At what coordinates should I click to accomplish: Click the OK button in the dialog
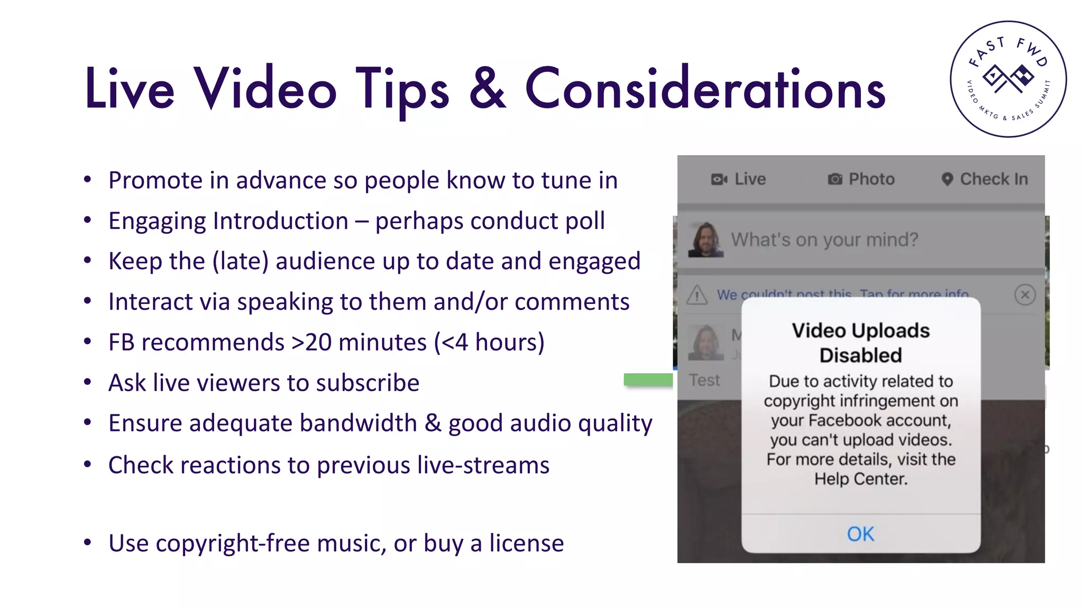[x=860, y=534]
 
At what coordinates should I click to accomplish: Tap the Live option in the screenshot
[x=739, y=179]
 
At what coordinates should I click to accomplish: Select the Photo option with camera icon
[x=861, y=179]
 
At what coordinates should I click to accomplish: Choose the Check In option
[x=985, y=179]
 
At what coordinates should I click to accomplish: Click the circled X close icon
[x=1025, y=294]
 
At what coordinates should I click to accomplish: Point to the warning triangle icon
[x=697, y=295]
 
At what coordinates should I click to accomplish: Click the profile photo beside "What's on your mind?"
[x=706, y=239]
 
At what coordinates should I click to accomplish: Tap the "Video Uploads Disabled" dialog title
[x=860, y=343]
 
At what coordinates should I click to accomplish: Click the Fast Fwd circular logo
[x=1008, y=79]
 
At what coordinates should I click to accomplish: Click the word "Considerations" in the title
[x=705, y=89]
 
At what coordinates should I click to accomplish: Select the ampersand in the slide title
[x=487, y=89]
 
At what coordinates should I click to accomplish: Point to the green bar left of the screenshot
[x=648, y=380]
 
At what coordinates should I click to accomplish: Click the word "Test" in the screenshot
[x=704, y=380]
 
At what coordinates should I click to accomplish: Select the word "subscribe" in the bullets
[x=368, y=383]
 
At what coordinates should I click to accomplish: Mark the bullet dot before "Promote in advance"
[x=88, y=180]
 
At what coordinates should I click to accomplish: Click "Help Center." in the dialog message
[x=860, y=479]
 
